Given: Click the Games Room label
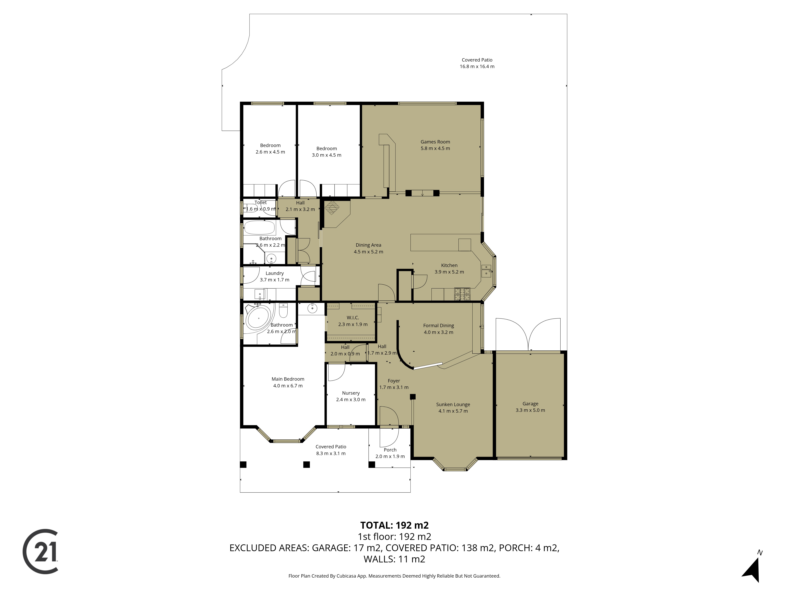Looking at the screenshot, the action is click(x=435, y=142).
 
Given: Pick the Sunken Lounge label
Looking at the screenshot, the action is click(x=453, y=404).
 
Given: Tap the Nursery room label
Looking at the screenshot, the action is click(x=351, y=393).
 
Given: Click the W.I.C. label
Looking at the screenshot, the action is click(x=353, y=318).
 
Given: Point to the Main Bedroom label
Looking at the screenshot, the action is click(x=288, y=379).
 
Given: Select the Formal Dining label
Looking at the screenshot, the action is click(x=438, y=325).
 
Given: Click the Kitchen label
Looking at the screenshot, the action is click(x=449, y=265).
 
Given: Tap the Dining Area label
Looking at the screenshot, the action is click(x=368, y=245).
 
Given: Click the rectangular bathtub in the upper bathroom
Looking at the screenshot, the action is click(x=259, y=227).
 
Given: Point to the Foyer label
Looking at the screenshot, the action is click(x=394, y=381).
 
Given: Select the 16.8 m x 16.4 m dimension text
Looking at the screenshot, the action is click(x=477, y=66).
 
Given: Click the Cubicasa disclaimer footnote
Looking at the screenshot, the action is click(x=394, y=576).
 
